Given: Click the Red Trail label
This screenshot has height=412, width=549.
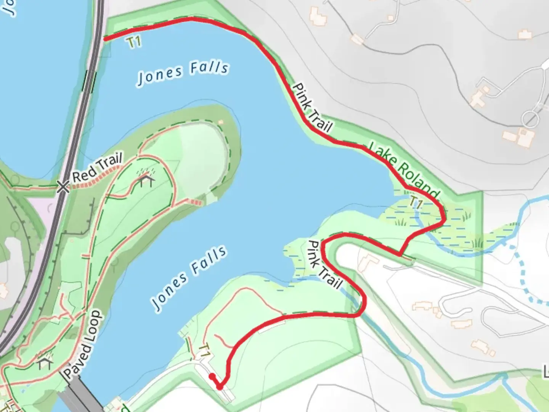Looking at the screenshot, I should (97, 167).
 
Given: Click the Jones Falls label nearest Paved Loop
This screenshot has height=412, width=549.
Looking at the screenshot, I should (189, 277).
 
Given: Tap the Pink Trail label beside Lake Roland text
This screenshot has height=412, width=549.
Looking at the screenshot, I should (312, 108).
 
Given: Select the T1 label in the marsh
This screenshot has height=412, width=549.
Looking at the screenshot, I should (416, 203).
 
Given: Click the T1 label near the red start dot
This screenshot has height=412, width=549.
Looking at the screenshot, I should (205, 350).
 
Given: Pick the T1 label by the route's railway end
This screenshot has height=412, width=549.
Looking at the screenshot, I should (135, 42).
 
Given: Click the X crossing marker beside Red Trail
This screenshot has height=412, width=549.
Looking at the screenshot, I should (63, 187).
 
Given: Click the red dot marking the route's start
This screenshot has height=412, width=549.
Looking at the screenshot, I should (211, 376).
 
